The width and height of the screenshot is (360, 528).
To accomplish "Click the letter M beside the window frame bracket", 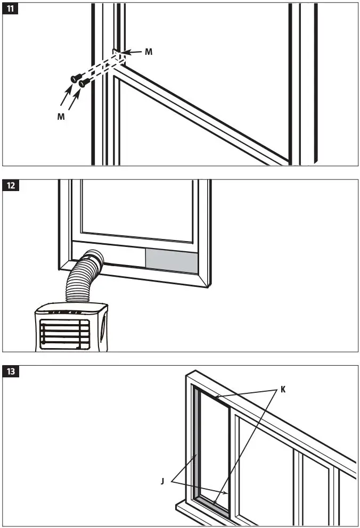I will click(149, 52).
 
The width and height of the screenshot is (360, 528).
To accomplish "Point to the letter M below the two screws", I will click(61, 117).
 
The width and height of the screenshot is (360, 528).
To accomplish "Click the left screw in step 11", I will click(75, 79).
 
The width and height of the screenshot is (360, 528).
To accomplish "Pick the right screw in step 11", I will click(83, 83).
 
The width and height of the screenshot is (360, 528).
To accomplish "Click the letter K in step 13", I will click(283, 390).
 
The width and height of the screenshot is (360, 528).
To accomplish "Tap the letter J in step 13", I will click(162, 481).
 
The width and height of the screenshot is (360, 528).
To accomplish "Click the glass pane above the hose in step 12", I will click(138, 208).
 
